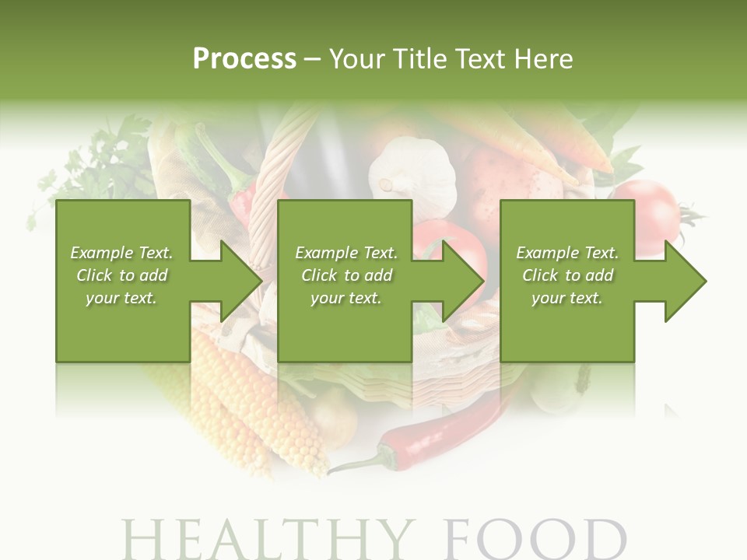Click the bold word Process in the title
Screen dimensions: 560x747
click(x=244, y=59)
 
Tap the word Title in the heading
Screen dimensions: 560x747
click(x=420, y=59)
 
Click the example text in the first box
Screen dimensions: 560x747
click(x=121, y=275)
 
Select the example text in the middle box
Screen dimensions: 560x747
click(x=345, y=275)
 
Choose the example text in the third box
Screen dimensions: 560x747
click(x=567, y=275)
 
